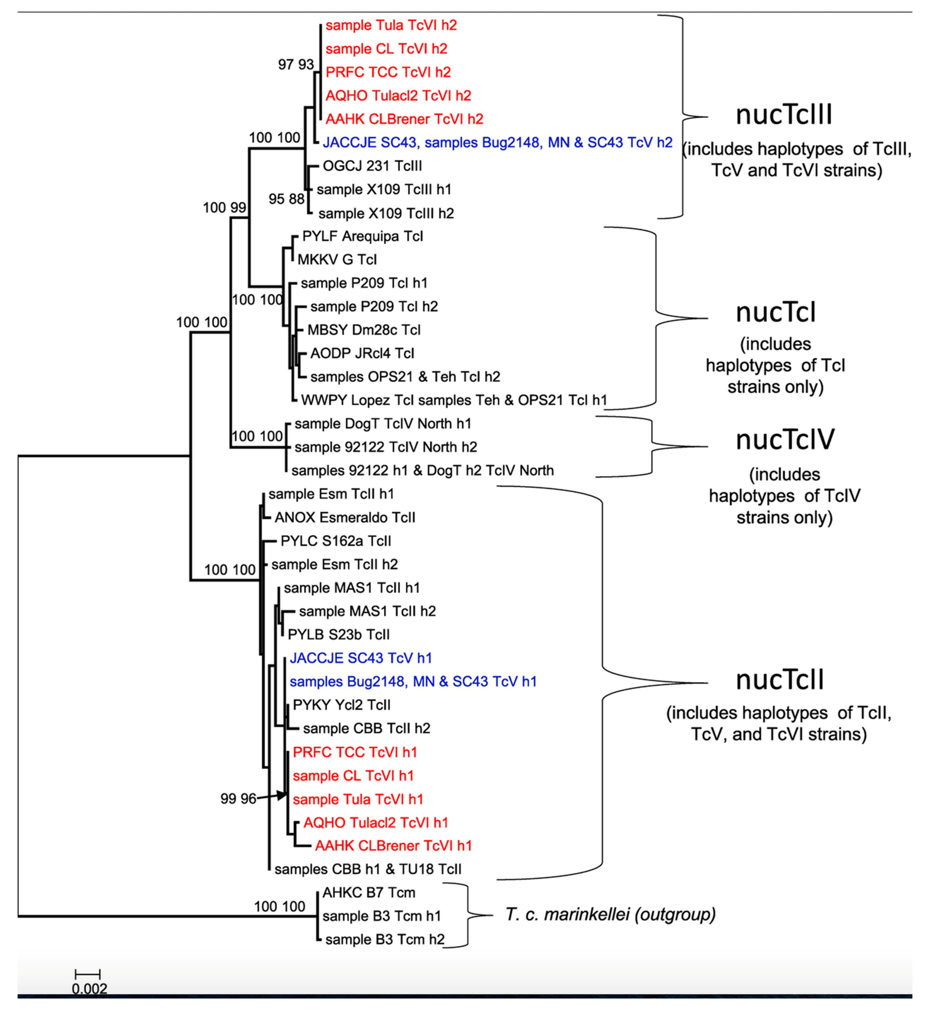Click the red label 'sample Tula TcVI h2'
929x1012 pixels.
391,25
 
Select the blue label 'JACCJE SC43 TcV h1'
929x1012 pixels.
360,658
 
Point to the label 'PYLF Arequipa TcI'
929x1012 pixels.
362,236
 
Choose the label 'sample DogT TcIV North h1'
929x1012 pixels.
383,424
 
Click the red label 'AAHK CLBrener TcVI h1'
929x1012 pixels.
393,846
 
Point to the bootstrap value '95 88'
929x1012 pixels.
286,199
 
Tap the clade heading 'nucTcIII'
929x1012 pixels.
784,115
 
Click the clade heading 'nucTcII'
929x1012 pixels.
780,680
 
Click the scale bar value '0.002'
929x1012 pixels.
89,989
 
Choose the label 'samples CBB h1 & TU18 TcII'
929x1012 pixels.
367,869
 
